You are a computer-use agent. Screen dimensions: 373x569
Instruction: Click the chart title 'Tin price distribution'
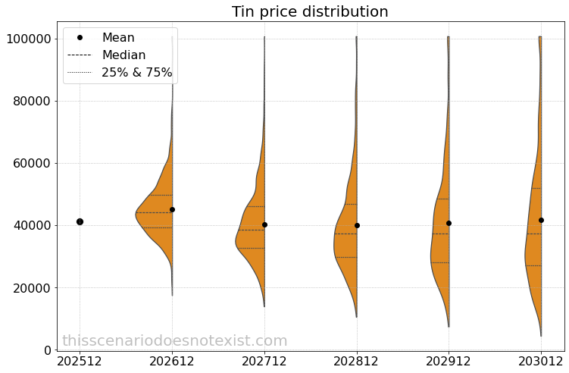[x=310, y=11]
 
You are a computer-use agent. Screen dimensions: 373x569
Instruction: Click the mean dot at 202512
[x=80, y=221]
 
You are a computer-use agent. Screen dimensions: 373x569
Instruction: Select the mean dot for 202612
[x=172, y=209]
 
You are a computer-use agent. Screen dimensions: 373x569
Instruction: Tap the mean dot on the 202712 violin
[x=264, y=224]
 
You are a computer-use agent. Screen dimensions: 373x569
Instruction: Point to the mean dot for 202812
[x=357, y=225]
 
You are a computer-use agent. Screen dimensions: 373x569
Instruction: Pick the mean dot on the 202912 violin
[x=449, y=223]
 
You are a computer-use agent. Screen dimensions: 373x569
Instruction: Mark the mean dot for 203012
[x=541, y=220]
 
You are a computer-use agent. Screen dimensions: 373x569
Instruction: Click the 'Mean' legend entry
[x=118, y=37]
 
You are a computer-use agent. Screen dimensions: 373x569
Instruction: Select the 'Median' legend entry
[x=123, y=55]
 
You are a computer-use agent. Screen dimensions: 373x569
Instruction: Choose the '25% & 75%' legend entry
[x=136, y=72]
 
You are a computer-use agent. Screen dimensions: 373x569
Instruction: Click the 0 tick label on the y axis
[x=46, y=350]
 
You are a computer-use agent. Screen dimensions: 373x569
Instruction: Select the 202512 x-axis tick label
[x=80, y=362]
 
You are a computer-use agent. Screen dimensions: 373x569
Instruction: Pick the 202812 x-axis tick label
[x=357, y=362]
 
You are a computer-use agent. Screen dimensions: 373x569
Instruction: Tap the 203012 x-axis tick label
[x=541, y=362]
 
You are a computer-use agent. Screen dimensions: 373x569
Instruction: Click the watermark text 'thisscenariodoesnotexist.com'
[x=174, y=341]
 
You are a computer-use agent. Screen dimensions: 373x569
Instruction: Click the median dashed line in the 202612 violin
[x=155, y=212]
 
